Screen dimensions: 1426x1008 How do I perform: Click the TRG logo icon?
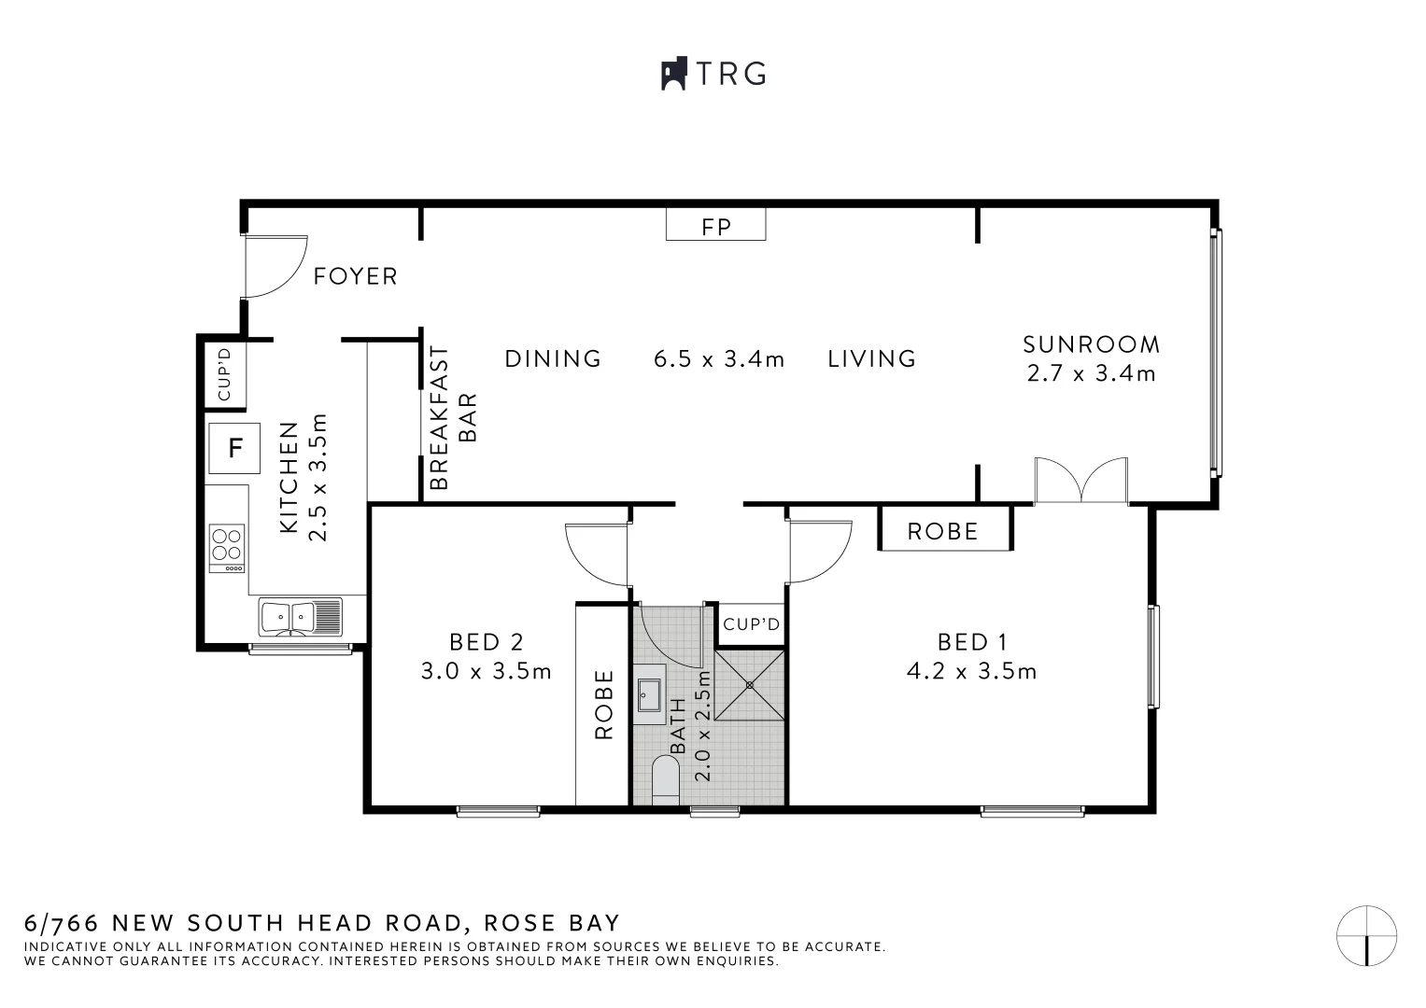(673, 74)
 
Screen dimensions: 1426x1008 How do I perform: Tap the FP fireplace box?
(715, 225)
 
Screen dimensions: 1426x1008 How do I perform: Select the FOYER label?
(355, 276)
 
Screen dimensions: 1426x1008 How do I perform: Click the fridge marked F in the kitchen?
(234, 448)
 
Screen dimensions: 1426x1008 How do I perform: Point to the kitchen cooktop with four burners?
(227, 547)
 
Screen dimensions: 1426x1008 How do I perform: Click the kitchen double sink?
(300, 617)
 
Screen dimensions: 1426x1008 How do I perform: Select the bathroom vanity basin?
(650, 695)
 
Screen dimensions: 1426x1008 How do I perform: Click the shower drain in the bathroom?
(749, 685)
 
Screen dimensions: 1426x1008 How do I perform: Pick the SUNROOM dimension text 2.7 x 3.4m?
(1091, 373)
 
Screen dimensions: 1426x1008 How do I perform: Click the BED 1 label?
(972, 642)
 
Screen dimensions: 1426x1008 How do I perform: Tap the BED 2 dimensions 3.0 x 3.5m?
(486, 671)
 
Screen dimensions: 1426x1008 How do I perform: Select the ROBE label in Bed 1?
(942, 531)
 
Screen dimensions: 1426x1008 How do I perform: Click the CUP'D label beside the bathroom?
(751, 623)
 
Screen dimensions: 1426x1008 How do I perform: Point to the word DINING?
(553, 359)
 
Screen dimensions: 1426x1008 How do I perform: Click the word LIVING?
(871, 359)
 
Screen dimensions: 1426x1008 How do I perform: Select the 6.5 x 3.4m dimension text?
(719, 359)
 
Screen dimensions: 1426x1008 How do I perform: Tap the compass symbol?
(1366, 935)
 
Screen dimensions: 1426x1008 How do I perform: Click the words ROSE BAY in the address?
(552, 922)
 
